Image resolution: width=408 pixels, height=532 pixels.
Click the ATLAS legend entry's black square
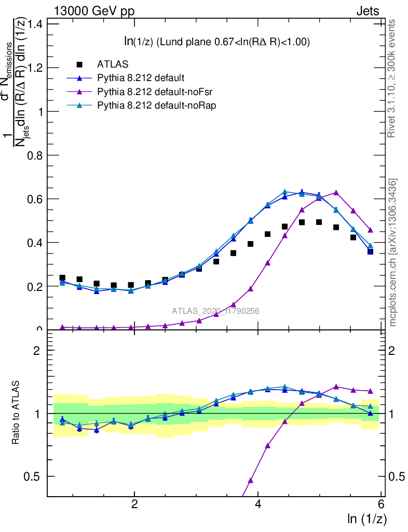79,64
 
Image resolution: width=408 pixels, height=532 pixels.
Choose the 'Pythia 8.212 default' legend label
141,78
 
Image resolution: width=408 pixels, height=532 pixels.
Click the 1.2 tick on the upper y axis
36,68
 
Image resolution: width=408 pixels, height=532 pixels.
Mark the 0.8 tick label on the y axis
36,155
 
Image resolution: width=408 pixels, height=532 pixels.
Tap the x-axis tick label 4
258,504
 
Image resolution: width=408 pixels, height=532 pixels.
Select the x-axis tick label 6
381,504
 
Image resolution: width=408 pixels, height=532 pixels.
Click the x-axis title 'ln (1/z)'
367,518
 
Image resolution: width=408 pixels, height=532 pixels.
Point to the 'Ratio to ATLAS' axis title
17,413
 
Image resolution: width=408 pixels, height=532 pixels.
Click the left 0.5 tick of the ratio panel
36,476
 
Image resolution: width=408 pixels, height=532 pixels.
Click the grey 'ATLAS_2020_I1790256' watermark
215,311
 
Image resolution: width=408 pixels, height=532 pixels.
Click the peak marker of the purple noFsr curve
336,192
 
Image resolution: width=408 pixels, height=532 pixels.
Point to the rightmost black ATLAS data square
370,251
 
